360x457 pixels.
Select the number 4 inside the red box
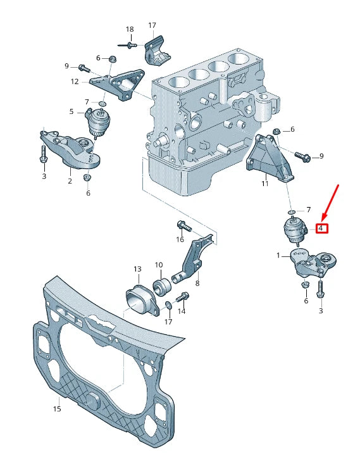[321, 227]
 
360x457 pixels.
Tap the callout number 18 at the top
[130, 29]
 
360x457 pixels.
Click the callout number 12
[75, 82]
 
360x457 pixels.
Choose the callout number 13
[137, 269]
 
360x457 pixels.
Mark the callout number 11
[265, 184]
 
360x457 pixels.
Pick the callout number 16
[180, 239]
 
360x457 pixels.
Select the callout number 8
[197, 284]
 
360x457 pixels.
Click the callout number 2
[70, 181]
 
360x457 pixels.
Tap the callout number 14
[182, 311]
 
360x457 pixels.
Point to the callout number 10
[159, 265]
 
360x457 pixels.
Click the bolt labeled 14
[182, 296]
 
